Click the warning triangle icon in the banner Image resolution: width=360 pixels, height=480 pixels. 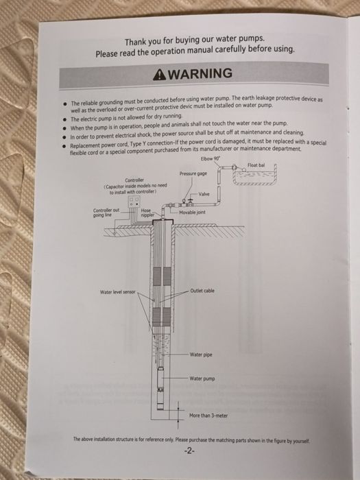(159, 75)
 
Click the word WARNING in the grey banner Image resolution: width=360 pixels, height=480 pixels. (200, 74)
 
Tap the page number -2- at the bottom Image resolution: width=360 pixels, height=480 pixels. (189, 451)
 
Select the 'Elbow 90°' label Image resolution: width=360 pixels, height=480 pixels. (211, 158)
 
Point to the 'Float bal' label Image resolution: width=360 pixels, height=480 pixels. (256, 165)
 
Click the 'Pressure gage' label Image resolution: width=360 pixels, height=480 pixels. (193, 173)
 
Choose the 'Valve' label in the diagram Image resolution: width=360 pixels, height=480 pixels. (204, 194)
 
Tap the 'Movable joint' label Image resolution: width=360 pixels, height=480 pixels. (192, 212)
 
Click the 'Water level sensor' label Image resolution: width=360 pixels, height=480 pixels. (117, 292)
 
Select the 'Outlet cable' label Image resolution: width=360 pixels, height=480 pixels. (202, 291)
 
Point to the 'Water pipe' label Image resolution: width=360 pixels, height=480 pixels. (201, 355)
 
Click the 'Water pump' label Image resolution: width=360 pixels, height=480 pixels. (202, 379)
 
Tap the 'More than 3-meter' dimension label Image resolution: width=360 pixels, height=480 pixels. (208, 416)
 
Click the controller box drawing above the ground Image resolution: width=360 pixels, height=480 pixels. (134, 202)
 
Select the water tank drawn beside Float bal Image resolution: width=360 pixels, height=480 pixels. (254, 176)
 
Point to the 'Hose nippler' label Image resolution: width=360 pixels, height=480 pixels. (147, 213)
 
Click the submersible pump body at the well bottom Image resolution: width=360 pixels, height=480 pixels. (160, 388)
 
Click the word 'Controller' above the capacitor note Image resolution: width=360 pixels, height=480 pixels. (134, 180)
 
